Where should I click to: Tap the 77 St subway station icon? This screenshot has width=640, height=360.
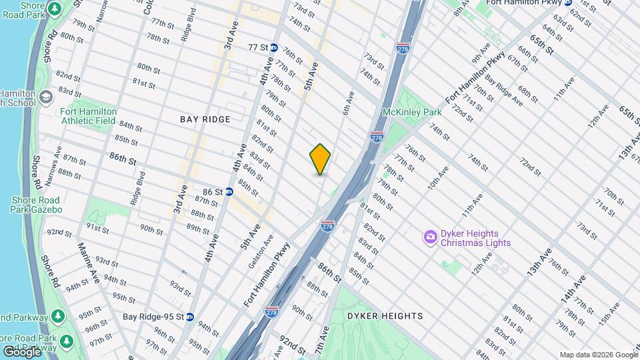[x=273, y=47]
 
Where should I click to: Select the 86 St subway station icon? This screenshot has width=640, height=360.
[x=229, y=191]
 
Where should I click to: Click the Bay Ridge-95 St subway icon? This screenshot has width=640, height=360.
[x=190, y=317]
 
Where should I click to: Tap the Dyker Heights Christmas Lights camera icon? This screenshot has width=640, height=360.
[x=430, y=236]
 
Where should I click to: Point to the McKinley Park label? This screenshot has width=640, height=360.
[x=412, y=113]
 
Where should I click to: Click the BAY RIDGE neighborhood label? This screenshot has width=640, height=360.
[x=205, y=119]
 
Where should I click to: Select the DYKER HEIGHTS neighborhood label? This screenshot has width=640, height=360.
[x=385, y=315]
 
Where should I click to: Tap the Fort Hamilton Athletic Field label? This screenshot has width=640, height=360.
[x=89, y=116]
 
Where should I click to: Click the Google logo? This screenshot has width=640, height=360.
[x=21, y=351]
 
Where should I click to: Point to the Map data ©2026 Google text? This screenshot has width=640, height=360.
[x=598, y=355]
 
